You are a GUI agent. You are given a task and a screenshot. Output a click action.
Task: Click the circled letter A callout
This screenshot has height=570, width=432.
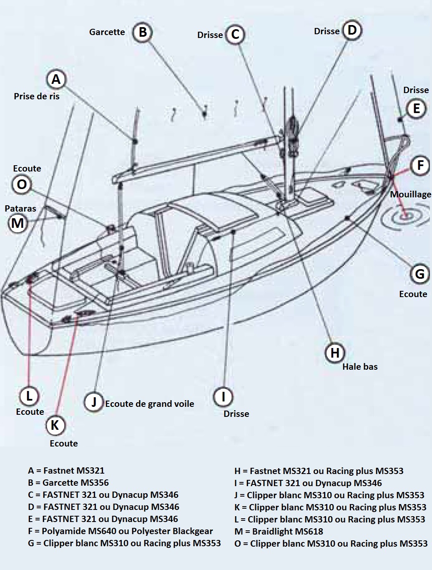click(x=56, y=79)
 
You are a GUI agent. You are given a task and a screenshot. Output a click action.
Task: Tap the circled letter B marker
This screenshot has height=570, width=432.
click(x=143, y=32)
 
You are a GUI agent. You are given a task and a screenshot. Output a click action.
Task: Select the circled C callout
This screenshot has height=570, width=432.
click(x=235, y=34)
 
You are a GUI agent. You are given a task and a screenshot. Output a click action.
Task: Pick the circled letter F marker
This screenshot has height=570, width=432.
click(x=420, y=165)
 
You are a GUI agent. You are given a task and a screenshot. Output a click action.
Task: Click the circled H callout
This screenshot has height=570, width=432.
click(x=335, y=353)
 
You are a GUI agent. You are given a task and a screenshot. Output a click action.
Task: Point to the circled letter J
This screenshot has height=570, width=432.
click(x=94, y=402)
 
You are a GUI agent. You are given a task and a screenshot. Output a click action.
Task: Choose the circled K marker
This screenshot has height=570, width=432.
click(x=55, y=425)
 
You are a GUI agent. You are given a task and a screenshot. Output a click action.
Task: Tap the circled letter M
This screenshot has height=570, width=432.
click(x=18, y=223)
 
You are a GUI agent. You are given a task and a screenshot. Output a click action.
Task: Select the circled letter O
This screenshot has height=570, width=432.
click(x=22, y=184)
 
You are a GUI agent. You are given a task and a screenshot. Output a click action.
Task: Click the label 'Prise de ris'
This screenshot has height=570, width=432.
click(x=37, y=96)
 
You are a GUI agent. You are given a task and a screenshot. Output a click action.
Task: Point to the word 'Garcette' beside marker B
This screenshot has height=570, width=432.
click(x=107, y=32)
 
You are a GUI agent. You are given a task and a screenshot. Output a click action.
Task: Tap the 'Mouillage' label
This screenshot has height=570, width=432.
click(x=410, y=194)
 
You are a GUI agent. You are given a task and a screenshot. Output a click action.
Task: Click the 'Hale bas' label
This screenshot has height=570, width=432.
click(x=360, y=367)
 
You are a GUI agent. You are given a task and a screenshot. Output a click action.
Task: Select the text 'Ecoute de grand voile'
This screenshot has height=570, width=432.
click(x=149, y=404)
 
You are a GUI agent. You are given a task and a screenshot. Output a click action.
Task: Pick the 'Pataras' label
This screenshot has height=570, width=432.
click(x=20, y=208)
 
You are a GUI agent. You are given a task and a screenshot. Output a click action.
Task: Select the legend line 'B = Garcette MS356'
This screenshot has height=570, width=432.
click(x=68, y=483)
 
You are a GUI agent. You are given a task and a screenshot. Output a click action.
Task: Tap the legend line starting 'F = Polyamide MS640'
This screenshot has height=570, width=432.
click(x=121, y=531)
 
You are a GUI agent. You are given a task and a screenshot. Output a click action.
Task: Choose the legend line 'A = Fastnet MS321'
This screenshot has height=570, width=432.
click(x=66, y=471)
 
